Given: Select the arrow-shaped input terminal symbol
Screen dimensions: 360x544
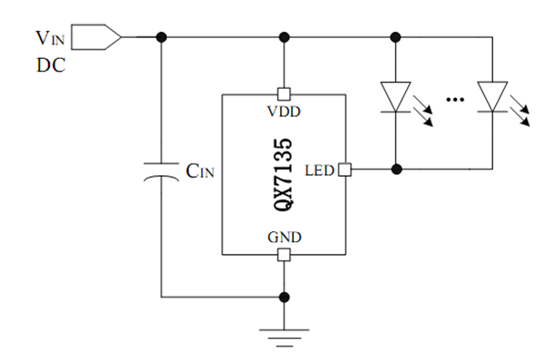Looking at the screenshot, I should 96,37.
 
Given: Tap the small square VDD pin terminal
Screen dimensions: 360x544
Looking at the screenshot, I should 284,93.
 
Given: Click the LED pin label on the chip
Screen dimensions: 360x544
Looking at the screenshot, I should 320,170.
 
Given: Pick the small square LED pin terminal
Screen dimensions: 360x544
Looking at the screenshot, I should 343,169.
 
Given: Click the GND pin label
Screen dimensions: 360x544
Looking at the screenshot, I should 284,238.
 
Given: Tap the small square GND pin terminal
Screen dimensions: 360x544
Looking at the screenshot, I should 284,255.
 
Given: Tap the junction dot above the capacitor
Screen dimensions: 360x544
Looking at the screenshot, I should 161,37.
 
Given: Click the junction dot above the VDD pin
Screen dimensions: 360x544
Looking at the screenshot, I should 284,37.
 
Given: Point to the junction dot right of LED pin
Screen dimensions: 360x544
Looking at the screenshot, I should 395,169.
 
